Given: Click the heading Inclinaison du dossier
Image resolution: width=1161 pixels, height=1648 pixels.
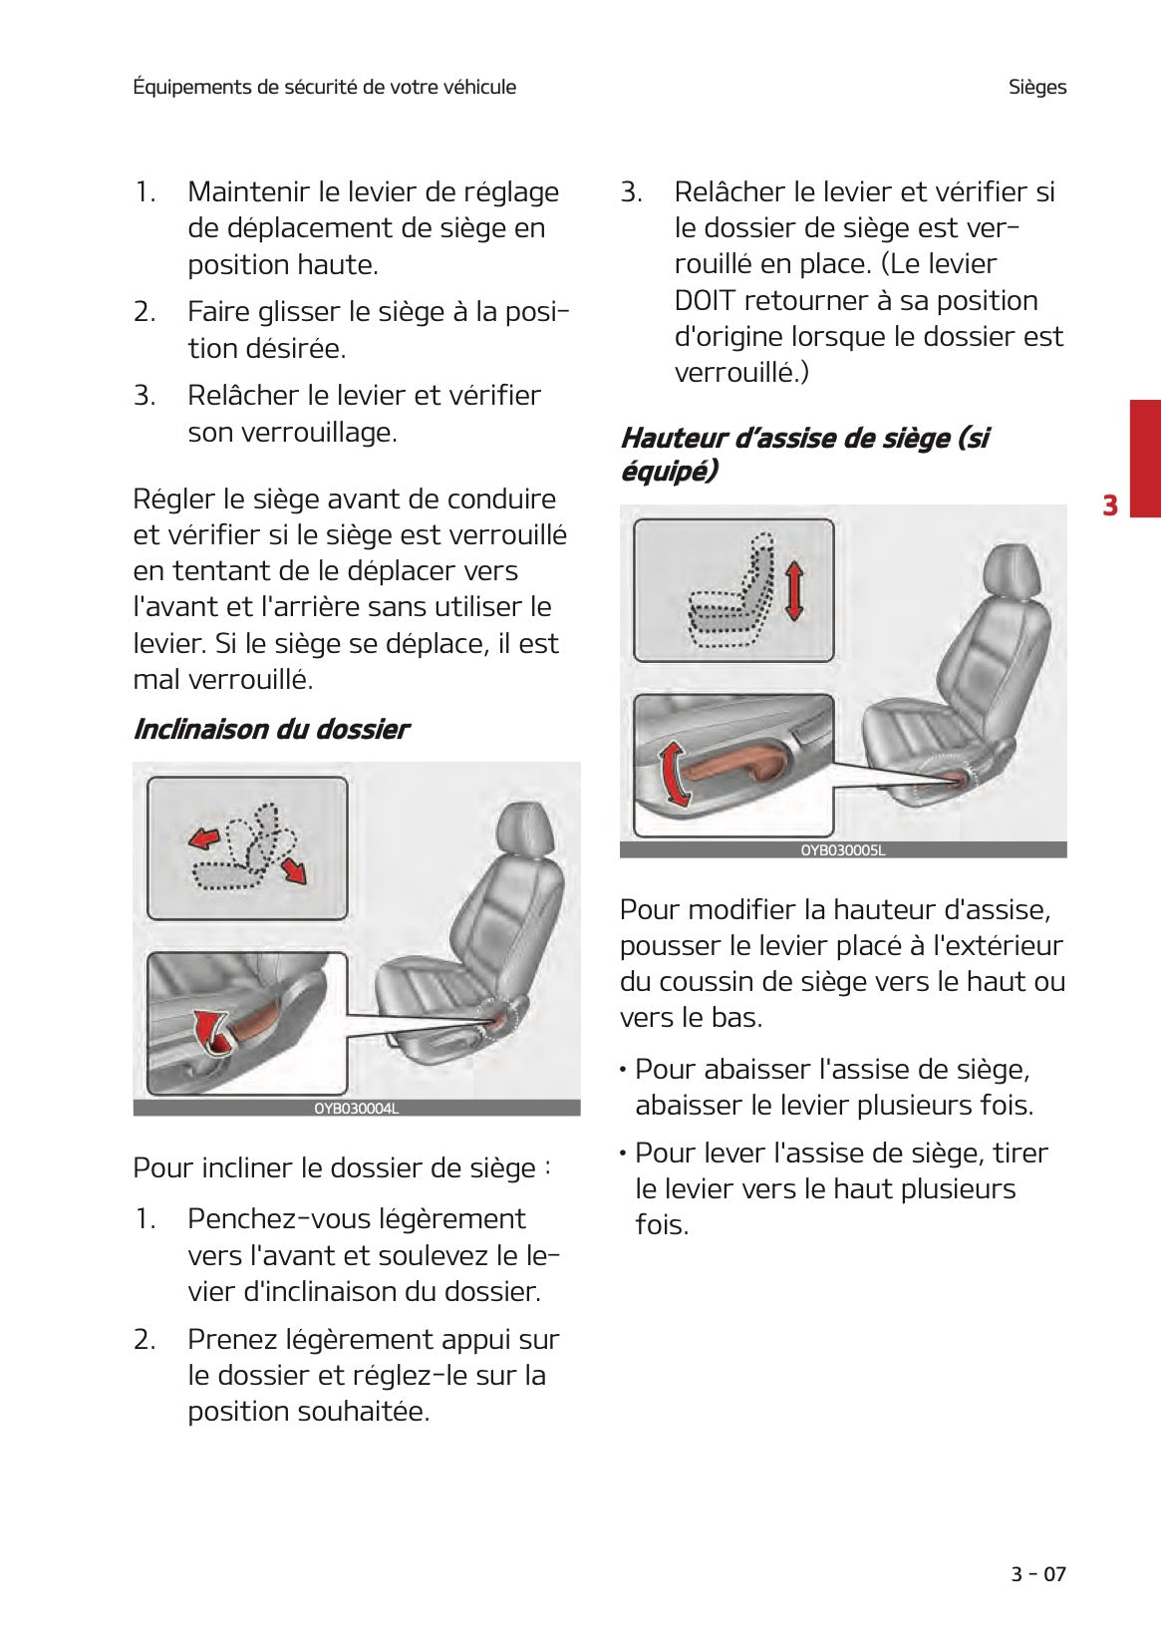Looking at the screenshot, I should tap(270, 730).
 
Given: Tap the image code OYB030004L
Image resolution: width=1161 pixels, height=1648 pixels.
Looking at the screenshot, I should tap(356, 1109).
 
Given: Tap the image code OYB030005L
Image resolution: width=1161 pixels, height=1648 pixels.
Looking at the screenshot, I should tap(842, 850).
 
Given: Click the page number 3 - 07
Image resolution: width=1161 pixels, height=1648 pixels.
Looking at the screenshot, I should tap(1037, 1574).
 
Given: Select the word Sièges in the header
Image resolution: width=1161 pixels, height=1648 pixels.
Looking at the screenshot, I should tap(1036, 87).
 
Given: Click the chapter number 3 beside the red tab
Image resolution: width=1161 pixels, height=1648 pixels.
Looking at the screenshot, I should tap(1109, 505).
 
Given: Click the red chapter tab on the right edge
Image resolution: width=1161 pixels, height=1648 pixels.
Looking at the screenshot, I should tap(1144, 458).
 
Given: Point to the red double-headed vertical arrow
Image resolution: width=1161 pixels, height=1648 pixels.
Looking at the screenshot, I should tap(793, 591).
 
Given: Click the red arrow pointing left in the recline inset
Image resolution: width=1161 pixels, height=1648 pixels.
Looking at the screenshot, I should tap(204, 838).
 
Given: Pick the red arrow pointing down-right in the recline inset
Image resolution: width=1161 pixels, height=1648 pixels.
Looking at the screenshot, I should tap(294, 870).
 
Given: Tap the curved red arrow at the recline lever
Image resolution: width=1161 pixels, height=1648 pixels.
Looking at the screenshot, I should tap(210, 1030).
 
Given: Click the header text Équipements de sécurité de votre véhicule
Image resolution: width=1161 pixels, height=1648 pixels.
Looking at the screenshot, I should tap(324, 87).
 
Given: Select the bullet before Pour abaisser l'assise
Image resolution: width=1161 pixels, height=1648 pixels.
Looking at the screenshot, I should tap(623, 1071).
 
